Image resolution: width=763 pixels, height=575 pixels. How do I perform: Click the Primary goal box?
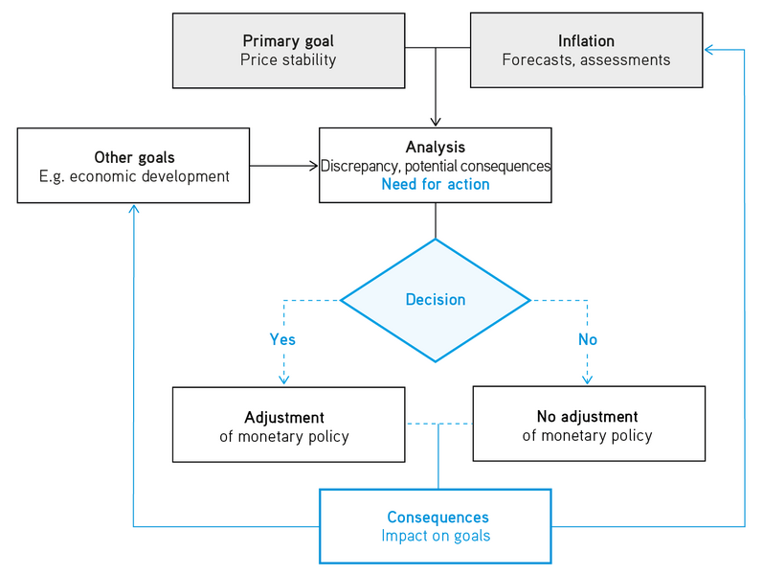(289, 50)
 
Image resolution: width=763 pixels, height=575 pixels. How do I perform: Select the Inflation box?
(585, 50)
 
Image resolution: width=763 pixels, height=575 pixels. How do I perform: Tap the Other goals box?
(133, 166)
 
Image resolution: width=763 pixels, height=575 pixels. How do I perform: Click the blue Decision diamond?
(436, 300)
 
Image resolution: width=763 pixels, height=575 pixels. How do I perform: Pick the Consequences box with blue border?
(436, 525)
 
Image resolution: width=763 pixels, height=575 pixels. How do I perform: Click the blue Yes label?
(282, 339)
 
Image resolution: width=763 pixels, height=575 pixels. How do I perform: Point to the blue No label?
(587, 339)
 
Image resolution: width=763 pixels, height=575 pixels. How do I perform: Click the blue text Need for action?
(436, 184)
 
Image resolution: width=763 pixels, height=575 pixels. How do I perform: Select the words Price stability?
(289, 59)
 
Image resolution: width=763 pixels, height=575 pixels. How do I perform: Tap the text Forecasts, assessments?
(586, 59)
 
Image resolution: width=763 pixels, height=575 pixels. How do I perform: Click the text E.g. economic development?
(134, 175)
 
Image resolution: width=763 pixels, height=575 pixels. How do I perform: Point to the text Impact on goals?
(436, 536)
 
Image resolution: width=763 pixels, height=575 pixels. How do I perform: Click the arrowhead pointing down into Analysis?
(436, 122)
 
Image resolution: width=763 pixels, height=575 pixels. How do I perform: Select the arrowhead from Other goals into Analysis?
(313, 166)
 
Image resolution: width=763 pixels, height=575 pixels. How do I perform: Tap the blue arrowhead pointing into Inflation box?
(708, 50)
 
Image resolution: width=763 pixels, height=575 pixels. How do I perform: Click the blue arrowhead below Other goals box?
(133, 209)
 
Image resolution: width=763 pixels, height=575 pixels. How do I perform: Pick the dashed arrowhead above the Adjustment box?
(282, 380)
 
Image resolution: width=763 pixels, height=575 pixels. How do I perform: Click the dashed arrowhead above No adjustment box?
(587, 380)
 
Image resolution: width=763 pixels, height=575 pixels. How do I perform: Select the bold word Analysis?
(436, 148)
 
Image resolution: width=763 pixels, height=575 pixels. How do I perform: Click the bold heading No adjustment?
(587, 417)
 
